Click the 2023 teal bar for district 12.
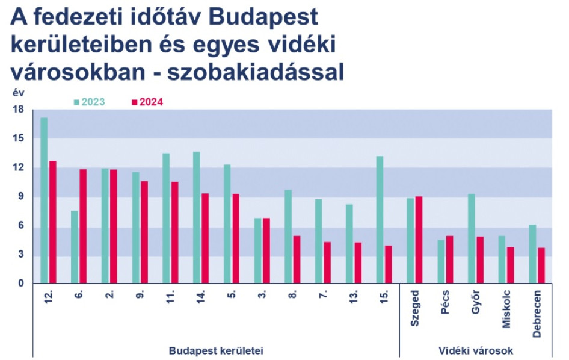click(44, 200)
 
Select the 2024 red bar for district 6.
click(83, 226)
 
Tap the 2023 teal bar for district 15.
click(380, 219)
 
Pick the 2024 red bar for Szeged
click(419, 240)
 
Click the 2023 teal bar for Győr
click(472, 238)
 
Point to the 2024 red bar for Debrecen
click(541, 265)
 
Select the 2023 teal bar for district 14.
click(196, 217)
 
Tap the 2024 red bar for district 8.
click(297, 259)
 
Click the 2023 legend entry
click(89, 102)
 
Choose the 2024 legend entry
click(147, 102)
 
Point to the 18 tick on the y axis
click(19, 110)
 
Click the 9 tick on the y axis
click(20, 196)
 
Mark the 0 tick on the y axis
click(20, 283)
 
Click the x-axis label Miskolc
click(506, 309)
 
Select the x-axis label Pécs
click(445, 302)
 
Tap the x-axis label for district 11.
click(170, 297)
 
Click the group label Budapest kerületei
click(216, 351)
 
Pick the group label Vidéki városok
click(476, 351)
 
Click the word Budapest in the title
click(263, 17)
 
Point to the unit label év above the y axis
click(19, 93)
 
